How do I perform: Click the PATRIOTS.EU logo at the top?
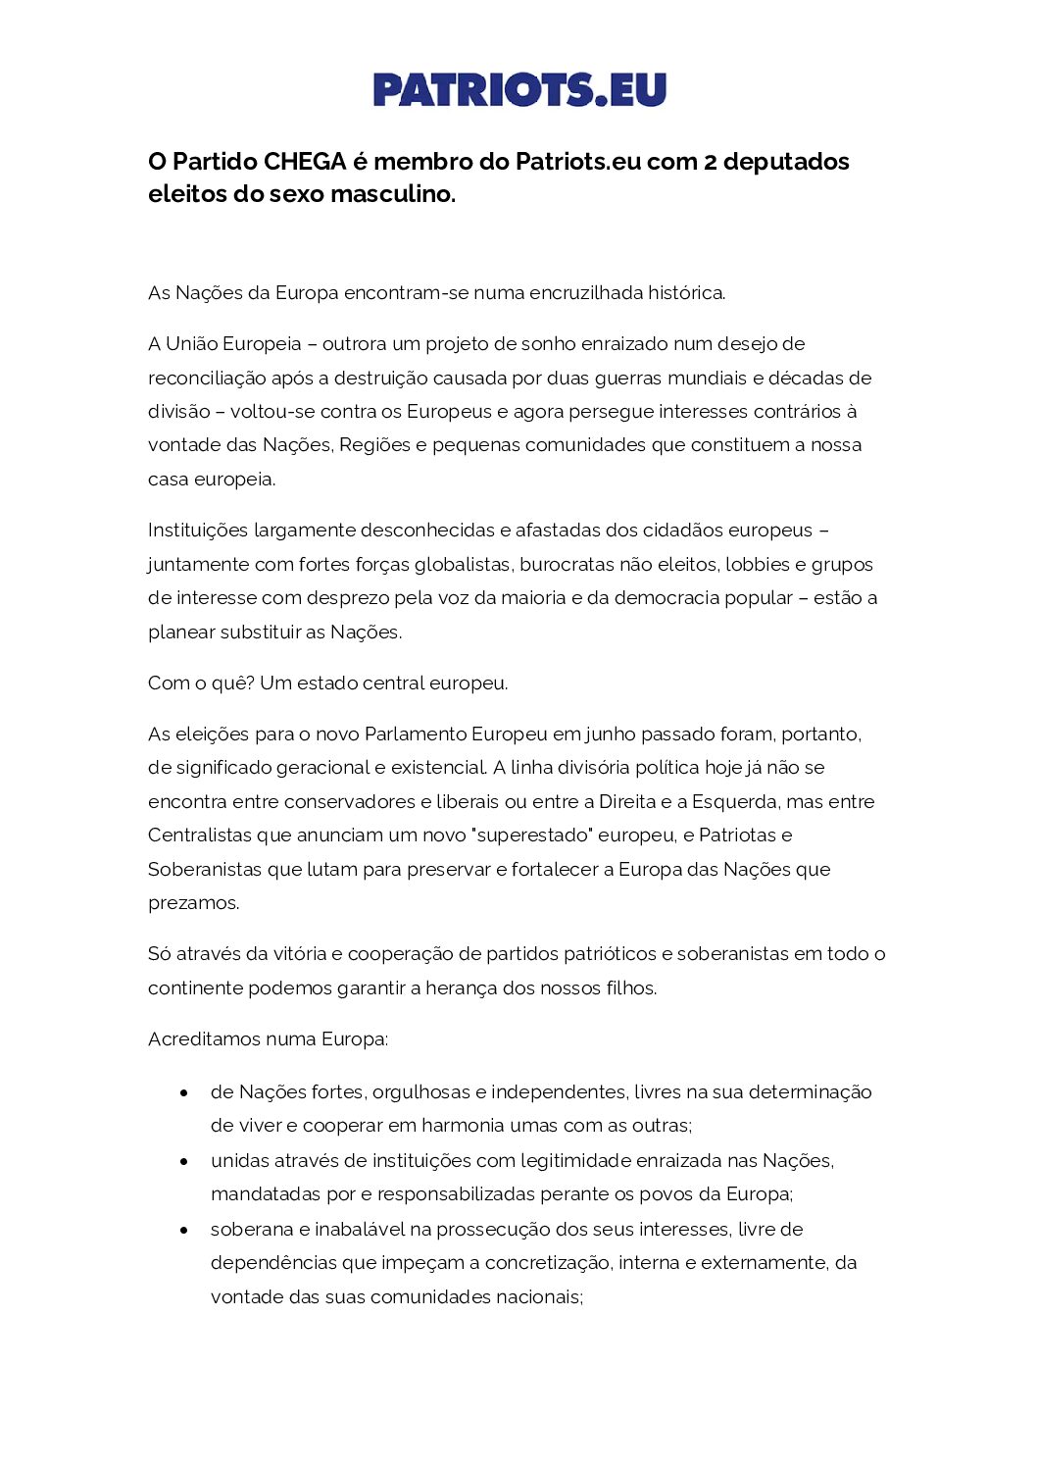[518, 89]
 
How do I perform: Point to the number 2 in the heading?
[710, 162]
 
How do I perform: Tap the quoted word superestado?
[531, 835]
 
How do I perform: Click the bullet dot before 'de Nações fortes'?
[183, 1092]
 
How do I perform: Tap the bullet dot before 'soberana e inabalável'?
[183, 1230]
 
